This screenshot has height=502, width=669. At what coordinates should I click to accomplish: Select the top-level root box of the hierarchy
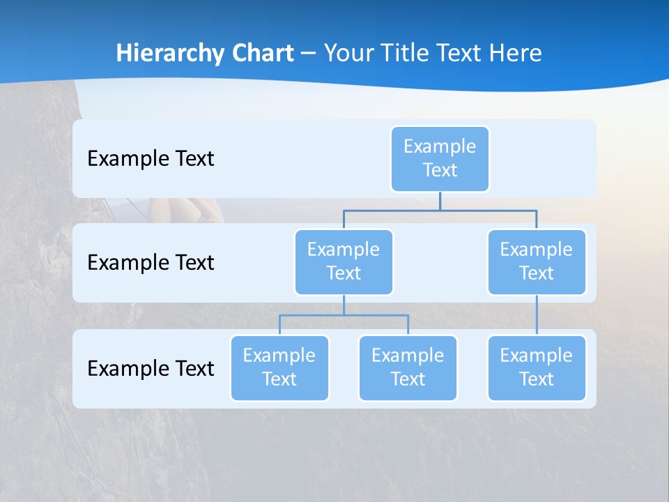click(440, 158)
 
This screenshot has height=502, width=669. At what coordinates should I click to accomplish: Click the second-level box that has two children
click(344, 261)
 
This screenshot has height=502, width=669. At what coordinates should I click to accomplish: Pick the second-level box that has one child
click(537, 261)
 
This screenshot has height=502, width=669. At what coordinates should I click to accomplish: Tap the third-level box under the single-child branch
click(537, 367)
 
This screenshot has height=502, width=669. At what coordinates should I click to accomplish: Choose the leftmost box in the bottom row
click(279, 367)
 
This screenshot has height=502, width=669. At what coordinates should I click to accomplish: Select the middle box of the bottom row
click(408, 367)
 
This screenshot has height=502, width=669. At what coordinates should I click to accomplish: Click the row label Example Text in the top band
click(151, 158)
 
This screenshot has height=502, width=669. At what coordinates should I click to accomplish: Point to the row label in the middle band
click(151, 262)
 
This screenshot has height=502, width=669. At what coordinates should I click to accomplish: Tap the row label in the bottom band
click(151, 368)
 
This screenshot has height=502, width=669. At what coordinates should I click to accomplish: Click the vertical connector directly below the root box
click(440, 201)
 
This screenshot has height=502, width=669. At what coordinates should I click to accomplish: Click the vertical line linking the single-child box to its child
click(537, 315)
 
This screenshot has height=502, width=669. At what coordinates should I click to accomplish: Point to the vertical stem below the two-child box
click(344, 305)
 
